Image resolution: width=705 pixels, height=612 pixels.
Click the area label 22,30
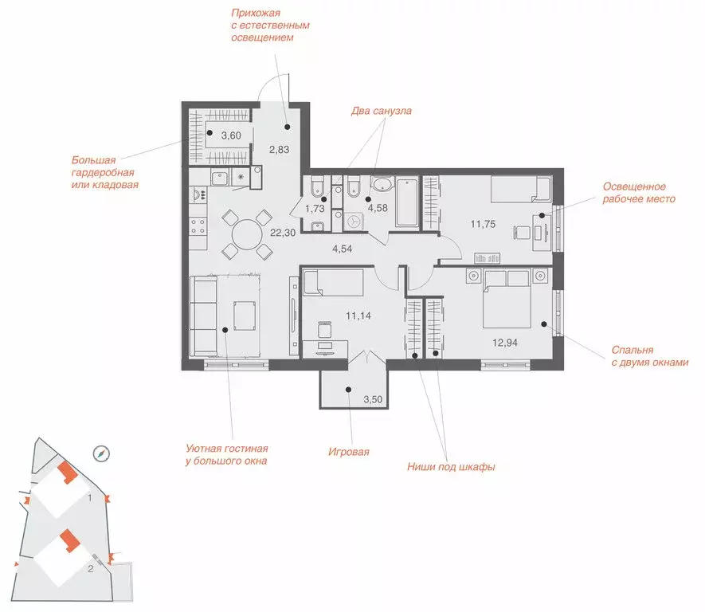(x=283, y=233)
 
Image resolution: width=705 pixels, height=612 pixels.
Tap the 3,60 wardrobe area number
(x=231, y=135)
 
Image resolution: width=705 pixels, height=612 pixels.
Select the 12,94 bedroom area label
(x=505, y=343)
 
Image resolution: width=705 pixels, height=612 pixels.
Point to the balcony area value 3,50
(x=373, y=399)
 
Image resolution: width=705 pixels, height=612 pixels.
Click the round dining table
(x=247, y=234)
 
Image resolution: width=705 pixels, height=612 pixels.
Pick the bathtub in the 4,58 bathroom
(x=407, y=202)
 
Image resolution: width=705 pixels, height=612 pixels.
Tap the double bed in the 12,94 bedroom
(x=507, y=299)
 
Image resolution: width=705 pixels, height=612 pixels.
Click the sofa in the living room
(x=204, y=316)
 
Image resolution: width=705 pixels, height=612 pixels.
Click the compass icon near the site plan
(x=101, y=453)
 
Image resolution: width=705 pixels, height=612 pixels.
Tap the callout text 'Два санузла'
(x=381, y=111)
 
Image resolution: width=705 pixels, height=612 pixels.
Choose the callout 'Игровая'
(x=348, y=452)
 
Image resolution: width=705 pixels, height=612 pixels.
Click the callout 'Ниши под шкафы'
(x=451, y=467)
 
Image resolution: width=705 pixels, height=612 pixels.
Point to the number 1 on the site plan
(x=90, y=498)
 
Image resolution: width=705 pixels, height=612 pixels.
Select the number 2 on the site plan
(x=90, y=569)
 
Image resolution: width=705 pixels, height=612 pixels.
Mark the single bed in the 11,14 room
(x=333, y=282)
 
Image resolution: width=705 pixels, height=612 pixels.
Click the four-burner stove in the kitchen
(x=198, y=226)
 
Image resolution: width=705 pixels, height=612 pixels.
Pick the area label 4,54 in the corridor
(x=343, y=249)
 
